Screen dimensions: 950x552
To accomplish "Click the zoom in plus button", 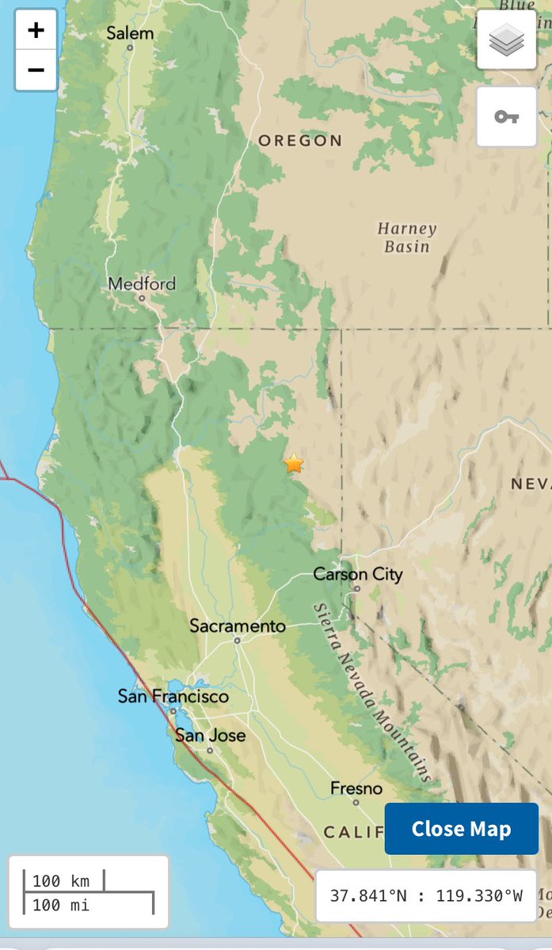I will click(x=36, y=31).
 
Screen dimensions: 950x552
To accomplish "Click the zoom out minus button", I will click(x=36, y=70).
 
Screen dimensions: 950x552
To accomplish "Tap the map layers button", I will click(x=507, y=40).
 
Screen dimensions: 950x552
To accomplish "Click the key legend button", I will click(x=507, y=117).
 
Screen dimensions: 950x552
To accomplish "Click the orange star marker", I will click(x=294, y=463).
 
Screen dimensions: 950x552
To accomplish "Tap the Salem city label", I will click(x=130, y=33).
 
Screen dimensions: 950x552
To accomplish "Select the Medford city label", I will click(x=142, y=283).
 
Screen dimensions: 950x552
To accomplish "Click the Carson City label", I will click(x=357, y=574).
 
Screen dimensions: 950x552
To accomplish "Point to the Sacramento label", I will click(x=237, y=625).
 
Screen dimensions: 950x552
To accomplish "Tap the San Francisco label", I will click(x=173, y=697).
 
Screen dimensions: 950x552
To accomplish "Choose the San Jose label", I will click(x=210, y=735).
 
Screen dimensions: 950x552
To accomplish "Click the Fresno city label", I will click(x=356, y=788).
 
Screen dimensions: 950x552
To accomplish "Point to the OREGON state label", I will click(x=300, y=141).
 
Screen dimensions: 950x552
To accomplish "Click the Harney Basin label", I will click(x=406, y=237).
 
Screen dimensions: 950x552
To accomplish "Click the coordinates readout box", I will click(x=426, y=896).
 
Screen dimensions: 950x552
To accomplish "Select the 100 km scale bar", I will click(x=63, y=880).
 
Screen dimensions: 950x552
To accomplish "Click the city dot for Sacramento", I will click(x=237, y=640).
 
